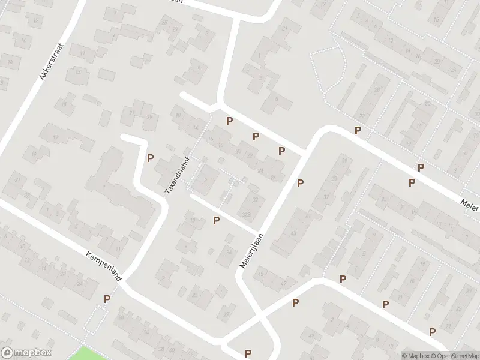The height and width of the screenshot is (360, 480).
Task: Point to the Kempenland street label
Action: click(104, 267)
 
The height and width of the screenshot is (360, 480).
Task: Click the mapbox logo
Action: click(26, 353)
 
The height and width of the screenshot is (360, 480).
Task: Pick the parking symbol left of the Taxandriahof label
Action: click(150, 158)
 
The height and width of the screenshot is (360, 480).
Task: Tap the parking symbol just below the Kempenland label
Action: click(107, 299)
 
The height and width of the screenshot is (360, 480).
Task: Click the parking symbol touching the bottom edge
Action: click(248, 353)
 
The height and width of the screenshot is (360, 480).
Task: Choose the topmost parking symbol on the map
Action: click(229, 121)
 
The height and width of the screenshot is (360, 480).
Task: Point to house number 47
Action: click(284, 282)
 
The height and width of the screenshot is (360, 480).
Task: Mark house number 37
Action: click(326, 197)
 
